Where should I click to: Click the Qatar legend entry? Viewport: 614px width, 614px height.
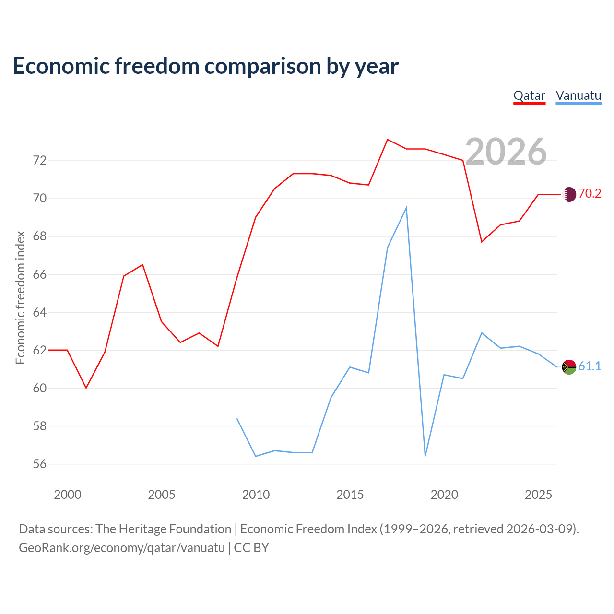pos(529,96)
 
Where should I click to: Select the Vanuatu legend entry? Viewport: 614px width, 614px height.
pos(579,96)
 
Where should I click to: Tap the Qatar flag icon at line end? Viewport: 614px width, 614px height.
pos(569,194)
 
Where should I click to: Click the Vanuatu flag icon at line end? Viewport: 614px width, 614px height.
pos(569,367)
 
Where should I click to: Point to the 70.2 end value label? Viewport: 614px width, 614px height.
pos(590,193)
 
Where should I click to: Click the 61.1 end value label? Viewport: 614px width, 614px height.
pos(590,366)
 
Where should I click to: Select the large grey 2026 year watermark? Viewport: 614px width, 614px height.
pos(506,152)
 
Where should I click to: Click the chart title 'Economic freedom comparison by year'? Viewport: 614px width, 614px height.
pos(206,66)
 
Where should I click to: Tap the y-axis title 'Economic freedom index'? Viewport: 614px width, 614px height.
pos(20,297)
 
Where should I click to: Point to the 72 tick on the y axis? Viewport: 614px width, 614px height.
pos(40,160)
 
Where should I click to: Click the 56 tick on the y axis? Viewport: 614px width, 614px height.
pos(40,464)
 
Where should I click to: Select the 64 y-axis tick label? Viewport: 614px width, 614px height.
pos(40,312)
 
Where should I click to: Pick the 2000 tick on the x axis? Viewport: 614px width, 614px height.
pos(68,495)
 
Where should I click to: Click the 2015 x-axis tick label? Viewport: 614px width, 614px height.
pos(350,495)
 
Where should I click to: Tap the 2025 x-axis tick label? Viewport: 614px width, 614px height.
pos(538,495)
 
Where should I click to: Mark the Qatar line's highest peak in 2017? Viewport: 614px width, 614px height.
pos(388,140)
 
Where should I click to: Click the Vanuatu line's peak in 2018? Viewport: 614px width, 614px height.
pos(406,208)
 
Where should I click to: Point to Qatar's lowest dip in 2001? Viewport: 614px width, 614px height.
pos(86,388)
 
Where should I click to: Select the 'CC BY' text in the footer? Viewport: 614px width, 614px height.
pos(251,548)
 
